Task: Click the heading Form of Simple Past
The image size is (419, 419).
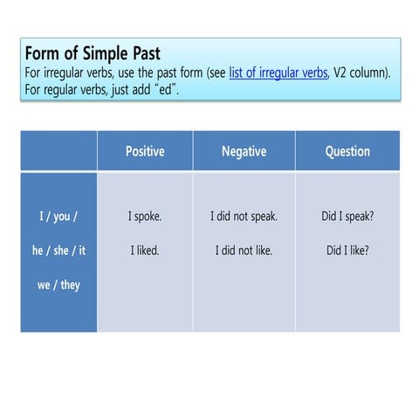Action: click(x=93, y=54)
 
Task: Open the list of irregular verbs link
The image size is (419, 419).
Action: click(x=278, y=72)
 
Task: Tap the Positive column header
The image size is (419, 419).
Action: click(x=145, y=151)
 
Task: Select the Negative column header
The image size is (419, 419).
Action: click(x=244, y=151)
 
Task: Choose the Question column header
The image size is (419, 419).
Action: click(x=347, y=151)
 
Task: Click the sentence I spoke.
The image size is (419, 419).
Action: click(x=145, y=216)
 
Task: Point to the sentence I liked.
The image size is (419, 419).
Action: click(x=145, y=251)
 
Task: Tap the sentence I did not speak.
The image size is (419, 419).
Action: click(x=244, y=216)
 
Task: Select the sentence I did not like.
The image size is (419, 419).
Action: click(x=244, y=251)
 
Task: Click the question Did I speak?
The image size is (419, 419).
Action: click(x=347, y=216)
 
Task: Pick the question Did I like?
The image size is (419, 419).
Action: click(x=347, y=251)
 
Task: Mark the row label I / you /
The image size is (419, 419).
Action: click(x=58, y=216)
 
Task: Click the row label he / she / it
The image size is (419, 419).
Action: click(x=58, y=251)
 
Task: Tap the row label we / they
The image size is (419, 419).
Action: click(x=58, y=285)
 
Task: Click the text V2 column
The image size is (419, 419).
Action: click(x=360, y=72)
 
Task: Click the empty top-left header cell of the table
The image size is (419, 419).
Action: click(x=58, y=151)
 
